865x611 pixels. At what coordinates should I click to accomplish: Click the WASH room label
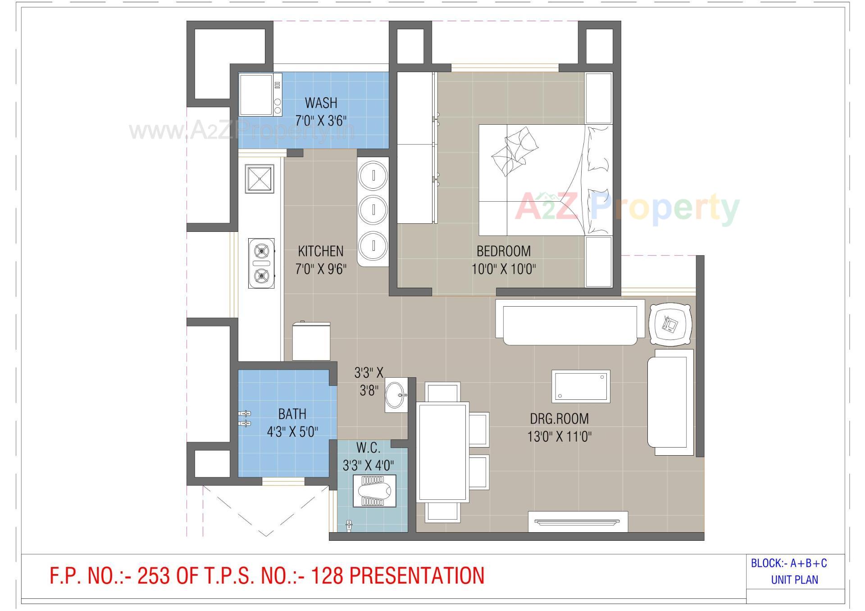point(321,103)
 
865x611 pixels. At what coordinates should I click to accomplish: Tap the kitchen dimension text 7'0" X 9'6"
point(321,269)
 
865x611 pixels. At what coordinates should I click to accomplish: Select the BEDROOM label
point(504,251)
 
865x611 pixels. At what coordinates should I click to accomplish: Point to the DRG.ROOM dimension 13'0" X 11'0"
point(559,436)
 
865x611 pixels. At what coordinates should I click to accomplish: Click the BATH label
point(292,414)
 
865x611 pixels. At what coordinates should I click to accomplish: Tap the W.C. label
point(368,448)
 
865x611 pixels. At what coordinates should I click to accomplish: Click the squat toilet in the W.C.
point(373,491)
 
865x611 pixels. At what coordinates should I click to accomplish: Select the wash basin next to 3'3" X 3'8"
point(396,395)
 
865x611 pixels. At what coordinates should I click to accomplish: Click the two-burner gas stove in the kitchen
point(261,263)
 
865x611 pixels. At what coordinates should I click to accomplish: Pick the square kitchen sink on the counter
point(259,179)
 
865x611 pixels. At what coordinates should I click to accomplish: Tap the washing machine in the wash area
point(259,95)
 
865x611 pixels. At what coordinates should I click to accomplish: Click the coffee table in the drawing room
point(581,386)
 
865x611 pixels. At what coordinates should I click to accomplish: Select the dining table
point(443,452)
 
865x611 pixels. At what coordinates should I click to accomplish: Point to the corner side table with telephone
point(670,325)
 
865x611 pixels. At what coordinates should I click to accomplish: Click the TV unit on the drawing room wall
point(578,521)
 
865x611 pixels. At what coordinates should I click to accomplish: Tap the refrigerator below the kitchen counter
point(311,341)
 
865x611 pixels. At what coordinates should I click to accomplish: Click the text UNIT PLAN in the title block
point(794,580)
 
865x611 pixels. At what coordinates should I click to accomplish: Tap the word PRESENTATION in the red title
point(417,576)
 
